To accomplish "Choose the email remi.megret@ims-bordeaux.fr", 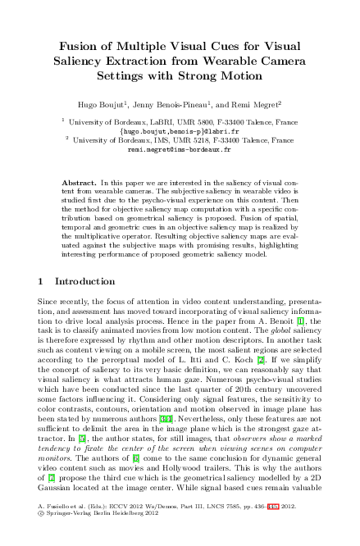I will [180, 150].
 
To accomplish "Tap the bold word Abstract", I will [79, 179].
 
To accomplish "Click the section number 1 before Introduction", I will [42, 281].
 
